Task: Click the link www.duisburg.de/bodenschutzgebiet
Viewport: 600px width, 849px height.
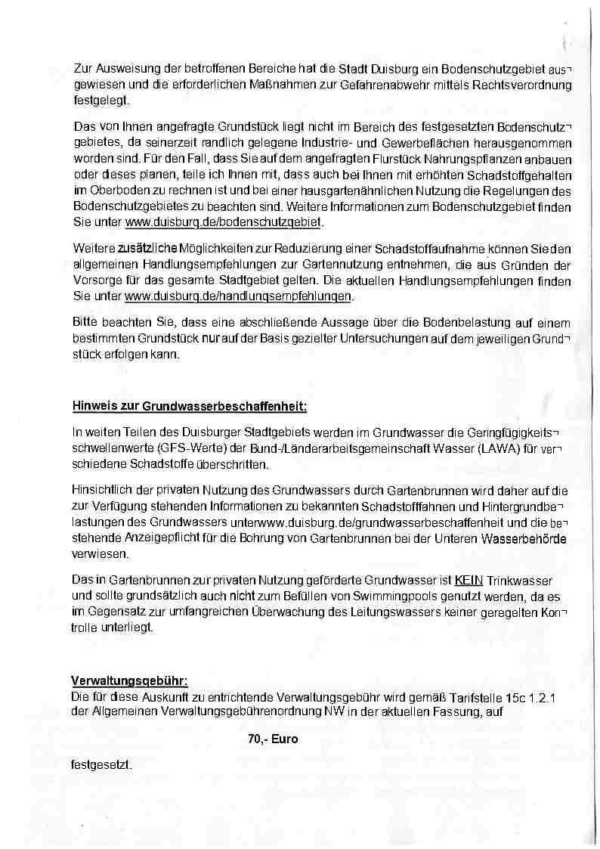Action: [x=224, y=222]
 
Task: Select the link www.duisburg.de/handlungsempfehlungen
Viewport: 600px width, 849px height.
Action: [x=239, y=295]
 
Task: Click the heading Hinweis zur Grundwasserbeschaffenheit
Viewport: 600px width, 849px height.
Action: [x=189, y=406]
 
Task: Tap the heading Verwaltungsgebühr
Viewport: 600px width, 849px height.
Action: [x=129, y=679]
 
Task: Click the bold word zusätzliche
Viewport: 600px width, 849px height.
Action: [x=147, y=249]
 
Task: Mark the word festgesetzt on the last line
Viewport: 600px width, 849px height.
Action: [x=102, y=765]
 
